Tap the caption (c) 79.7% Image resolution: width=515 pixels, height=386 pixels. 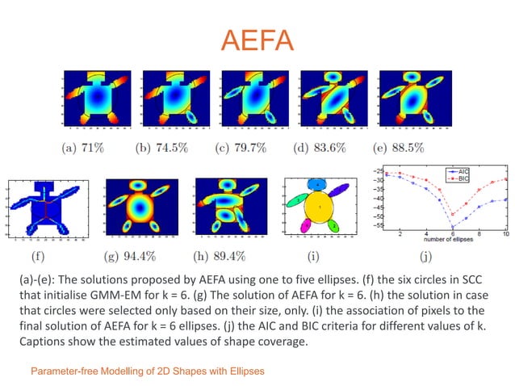pyautogui.click(x=250, y=148)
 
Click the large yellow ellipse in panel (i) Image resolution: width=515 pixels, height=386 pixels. pyautogui.click(x=320, y=209)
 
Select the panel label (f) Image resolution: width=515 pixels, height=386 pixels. pyautogui.click(x=38, y=258)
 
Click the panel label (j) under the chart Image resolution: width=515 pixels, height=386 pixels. pyautogui.click(x=425, y=258)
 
